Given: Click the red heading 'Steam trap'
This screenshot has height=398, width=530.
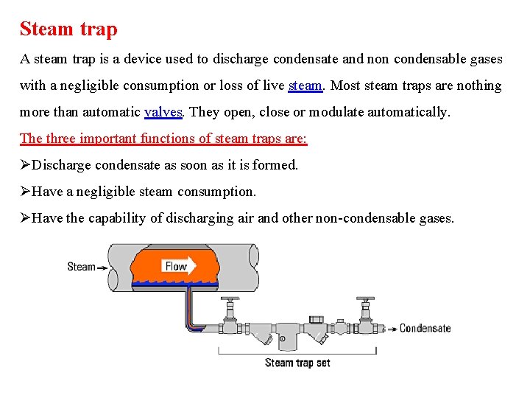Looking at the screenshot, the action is coord(68,29).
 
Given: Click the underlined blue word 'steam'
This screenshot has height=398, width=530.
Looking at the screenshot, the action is coord(305,85).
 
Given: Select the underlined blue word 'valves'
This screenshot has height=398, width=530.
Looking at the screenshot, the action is coord(165,112).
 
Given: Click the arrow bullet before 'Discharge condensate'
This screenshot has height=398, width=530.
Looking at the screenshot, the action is coord(26,165).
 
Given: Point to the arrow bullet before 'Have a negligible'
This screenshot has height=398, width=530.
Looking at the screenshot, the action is coord(26,192).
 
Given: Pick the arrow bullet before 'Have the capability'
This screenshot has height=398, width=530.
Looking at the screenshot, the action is coord(26,218).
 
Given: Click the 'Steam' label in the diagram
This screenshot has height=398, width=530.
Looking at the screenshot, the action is coord(81,267).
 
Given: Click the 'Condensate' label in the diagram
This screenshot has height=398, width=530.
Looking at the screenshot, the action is coord(425,329).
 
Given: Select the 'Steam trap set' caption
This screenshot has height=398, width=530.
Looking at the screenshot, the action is coord(297,363).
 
